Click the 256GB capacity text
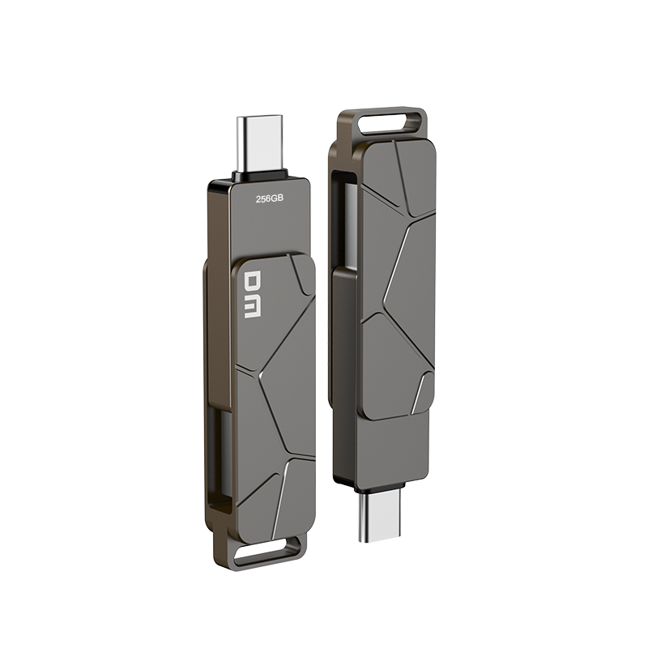(270, 198)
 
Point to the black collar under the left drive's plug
(260, 176)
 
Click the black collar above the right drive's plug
(380, 484)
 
